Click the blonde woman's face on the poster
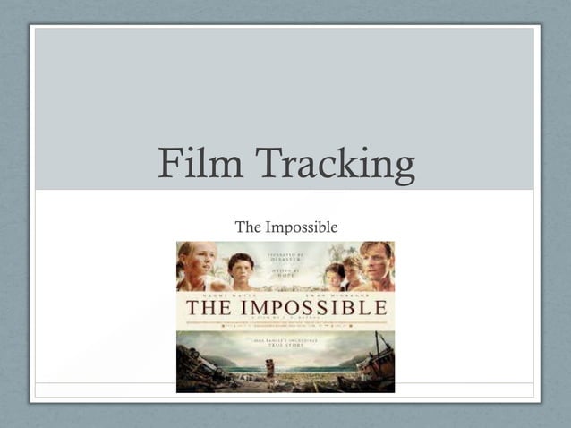[x=196, y=263]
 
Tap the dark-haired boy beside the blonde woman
[x=240, y=269]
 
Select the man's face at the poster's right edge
[x=376, y=261]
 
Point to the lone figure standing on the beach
[x=269, y=366]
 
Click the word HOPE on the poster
[x=286, y=275]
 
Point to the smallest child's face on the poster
[x=335, y=272]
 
